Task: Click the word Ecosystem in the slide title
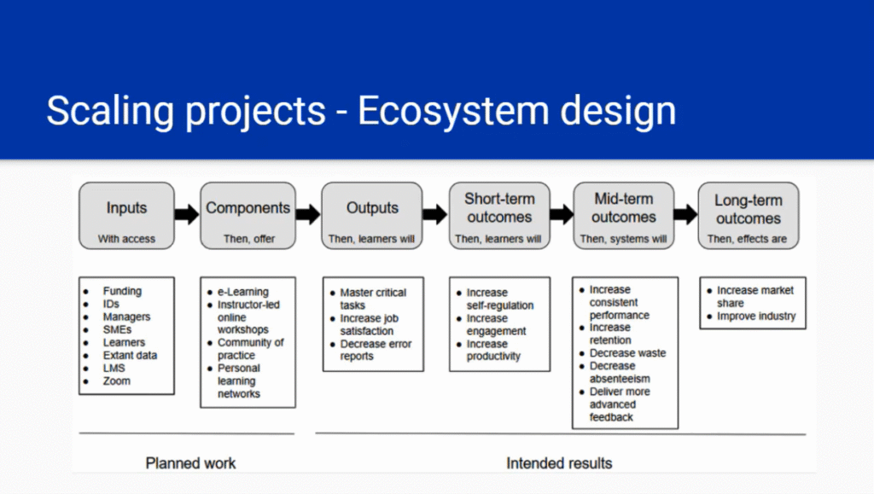tap(453, 112)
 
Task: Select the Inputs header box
tap(126, 216)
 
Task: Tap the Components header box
tap(248, 216)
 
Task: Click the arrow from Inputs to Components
tap(187, 214)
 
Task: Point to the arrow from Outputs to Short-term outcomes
tap(435, 214)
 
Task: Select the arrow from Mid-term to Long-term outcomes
tap(685, 214)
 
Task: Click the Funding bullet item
tap(122, 291)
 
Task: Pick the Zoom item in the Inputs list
tap(116, 381)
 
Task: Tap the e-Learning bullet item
tap(243, 291)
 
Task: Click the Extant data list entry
tap(130, 355)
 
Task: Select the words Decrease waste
tap(627, 353)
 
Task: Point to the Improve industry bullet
tap(756, 317)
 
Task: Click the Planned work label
tap(190, 463)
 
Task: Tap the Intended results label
tap(559, 463)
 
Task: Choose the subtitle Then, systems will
tap(623, 239)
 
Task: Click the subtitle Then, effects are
tap(747, 239)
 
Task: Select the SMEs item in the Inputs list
tap(117, 329)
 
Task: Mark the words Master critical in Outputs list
tap(373, 293)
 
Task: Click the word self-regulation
tap(500, 305)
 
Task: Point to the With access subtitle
tap(126, 239)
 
